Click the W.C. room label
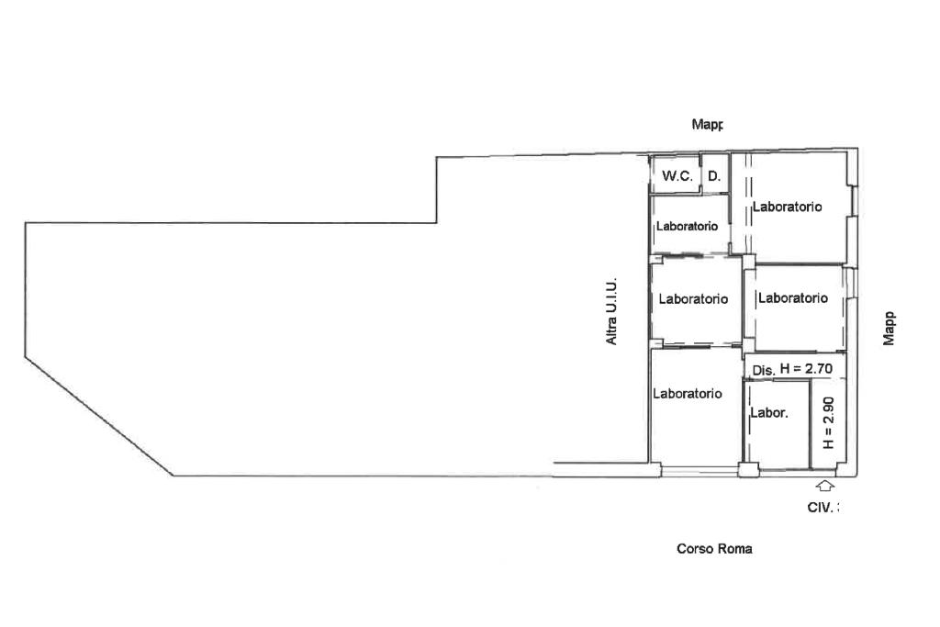tap(677, 176)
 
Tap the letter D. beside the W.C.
tap(713, 176)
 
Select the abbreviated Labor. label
tap(768, 413)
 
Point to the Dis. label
tap(764, 370)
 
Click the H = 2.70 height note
tap(805, 369)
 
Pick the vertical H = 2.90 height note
tap(828, 422)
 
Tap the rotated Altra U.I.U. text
tap(611, 312)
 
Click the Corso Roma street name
tap(714, 549)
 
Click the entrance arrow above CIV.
tap(824, 487)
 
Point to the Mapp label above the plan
tap(708, 124)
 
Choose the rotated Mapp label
tap(889, 328)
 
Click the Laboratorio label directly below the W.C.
tap(687, 227)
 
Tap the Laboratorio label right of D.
tap(787, 207)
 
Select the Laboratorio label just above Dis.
tap(792, 298)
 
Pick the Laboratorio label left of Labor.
tap(688, 394)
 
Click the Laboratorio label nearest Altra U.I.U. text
tap(693, 299)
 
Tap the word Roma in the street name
tap(736, 549)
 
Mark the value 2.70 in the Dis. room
tap(817, 369)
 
